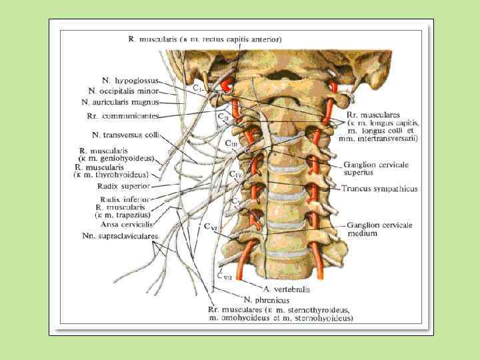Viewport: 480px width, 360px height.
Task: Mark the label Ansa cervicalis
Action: point(124,225)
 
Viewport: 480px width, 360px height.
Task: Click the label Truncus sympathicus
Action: point(380,189)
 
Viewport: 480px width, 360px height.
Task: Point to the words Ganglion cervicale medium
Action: point(379,229)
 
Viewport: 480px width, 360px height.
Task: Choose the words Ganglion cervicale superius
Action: point(376,168)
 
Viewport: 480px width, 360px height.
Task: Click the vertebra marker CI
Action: point(198,88)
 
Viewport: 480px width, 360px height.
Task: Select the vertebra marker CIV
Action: point(235,175)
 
